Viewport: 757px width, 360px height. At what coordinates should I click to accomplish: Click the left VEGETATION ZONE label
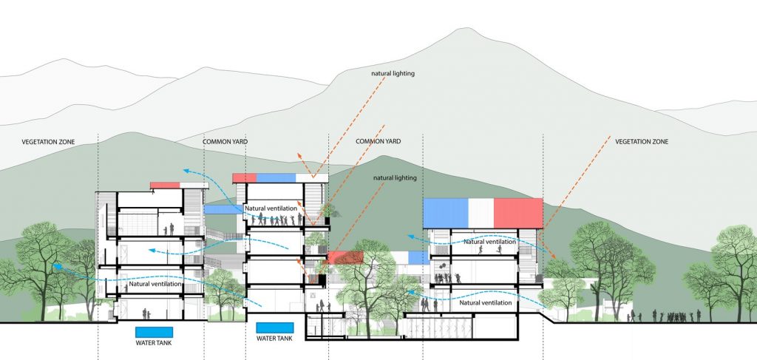point(48,141)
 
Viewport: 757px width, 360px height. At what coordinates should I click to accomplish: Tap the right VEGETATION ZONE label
point(642,141)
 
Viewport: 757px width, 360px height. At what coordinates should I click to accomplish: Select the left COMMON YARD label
point(225,141)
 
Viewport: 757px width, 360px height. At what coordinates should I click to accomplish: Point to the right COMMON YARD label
point(378,141)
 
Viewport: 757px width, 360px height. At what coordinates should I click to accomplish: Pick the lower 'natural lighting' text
point(395,178)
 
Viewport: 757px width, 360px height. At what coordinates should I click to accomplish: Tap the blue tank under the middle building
point(274,328)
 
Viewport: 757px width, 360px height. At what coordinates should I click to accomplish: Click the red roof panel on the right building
point(518,213)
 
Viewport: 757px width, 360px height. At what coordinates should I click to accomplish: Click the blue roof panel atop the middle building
point(276,177)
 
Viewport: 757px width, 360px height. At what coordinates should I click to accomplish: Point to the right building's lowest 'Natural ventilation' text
point(486,302)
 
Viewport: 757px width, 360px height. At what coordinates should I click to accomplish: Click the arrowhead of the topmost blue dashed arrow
point(186,169)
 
